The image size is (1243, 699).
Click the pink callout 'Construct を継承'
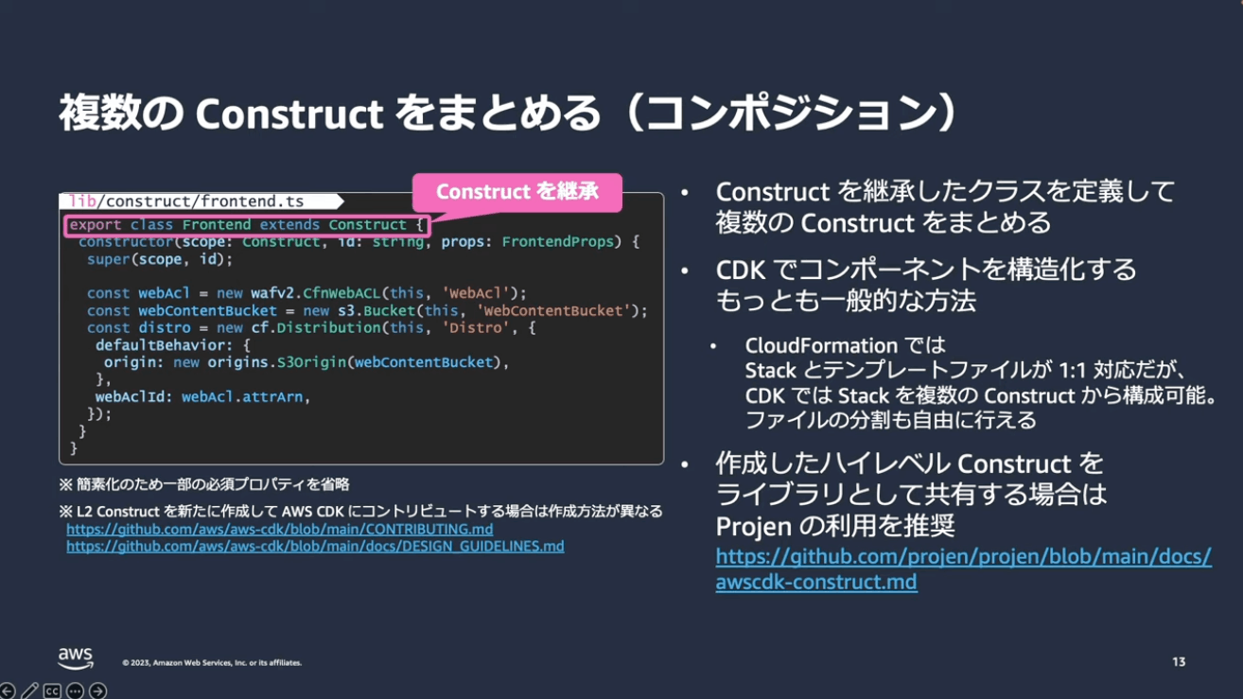pyautogui.click(x=517, y=192)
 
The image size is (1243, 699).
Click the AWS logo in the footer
pyautogui.click(x=76, y=658)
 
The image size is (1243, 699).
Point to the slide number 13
pyautogui.click(x=1179, y=662)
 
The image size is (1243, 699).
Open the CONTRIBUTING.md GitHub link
pyautogui.click(x=280, y=530)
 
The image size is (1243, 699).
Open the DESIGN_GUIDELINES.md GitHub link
pyautogui.click(x=315, y=547)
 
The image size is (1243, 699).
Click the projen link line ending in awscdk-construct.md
pyautogui.click(x=816, y=582)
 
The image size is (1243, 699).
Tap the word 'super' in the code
pyautogui.click(x=108, y=259)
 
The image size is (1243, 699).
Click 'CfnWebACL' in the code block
pyautogui.click(x=341, y=293)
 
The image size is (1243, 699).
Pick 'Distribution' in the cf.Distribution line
pyautogui.click(x=328, y=328)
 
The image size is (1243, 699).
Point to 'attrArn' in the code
pyautogui.click(x=272, y=397)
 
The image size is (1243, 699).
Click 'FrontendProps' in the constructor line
pyautogui.click(x=558, y=242)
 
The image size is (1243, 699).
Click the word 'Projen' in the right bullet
pyautogui.click(x=754, y=526)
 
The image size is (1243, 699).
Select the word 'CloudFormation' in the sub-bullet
pyautogui.click(x=821, y=345)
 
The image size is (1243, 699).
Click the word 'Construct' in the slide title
pyautogui.click(x=289, y=114)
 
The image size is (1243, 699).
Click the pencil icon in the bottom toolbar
pyautogui.click(x=30, y=690)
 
